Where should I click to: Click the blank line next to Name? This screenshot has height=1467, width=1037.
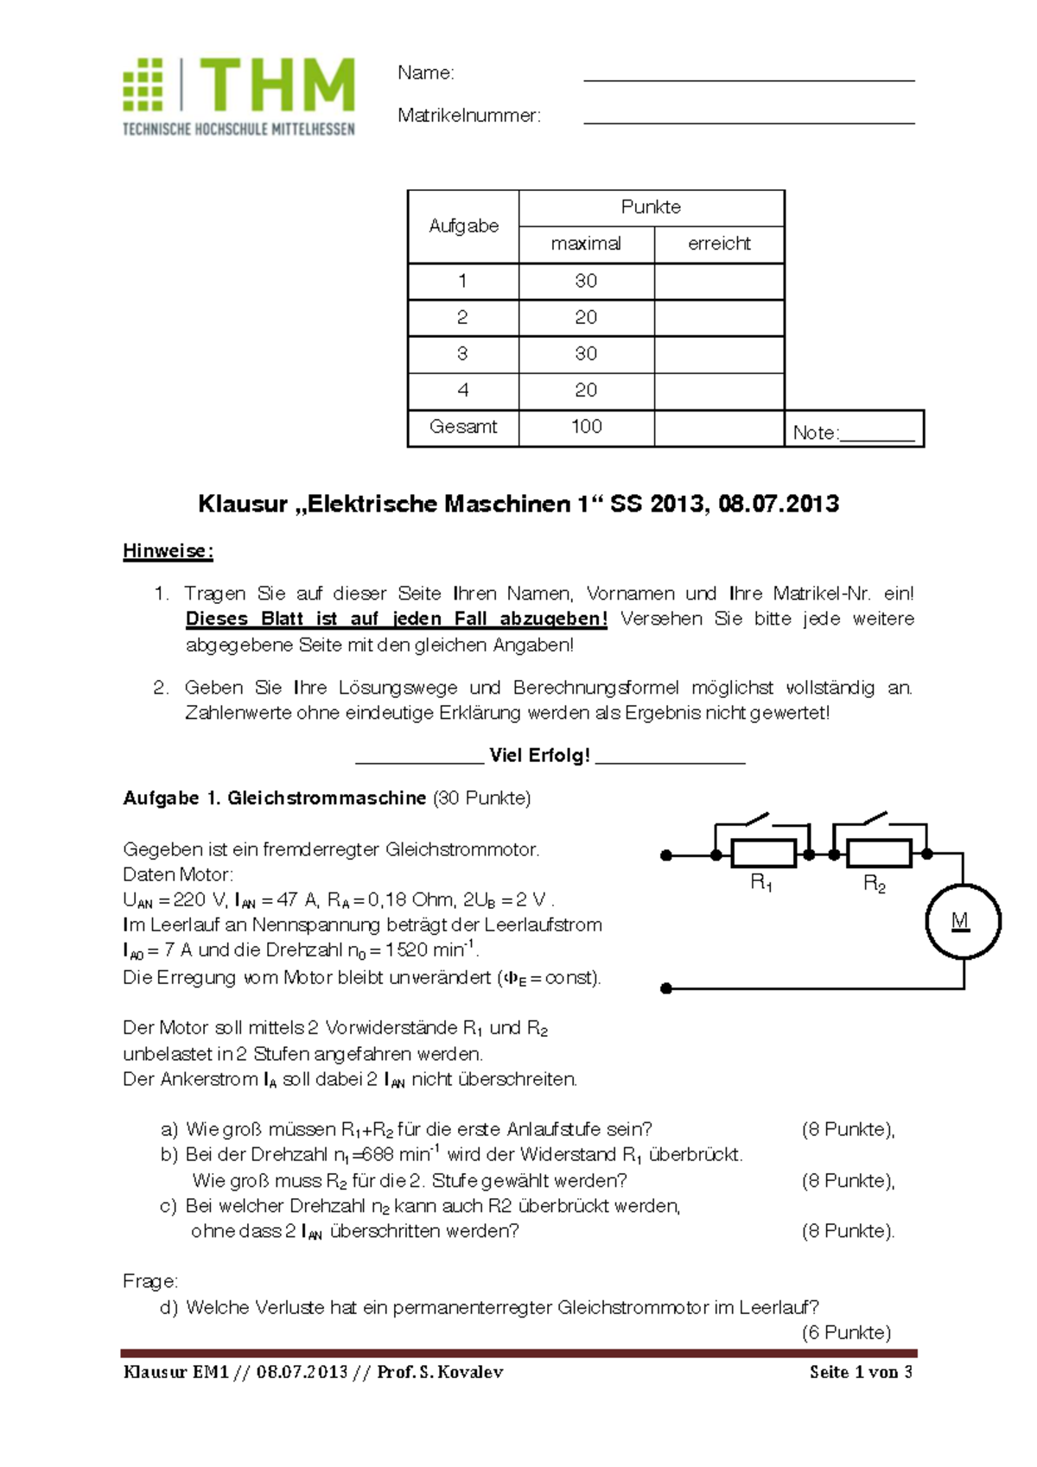coord(748,78)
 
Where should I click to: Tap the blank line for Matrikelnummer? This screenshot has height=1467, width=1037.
coord(748,121)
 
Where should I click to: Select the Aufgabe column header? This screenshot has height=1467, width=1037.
coord(463,226)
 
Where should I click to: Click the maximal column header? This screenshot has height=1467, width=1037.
coord(586,244)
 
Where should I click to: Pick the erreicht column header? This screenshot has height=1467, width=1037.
coord(719,244)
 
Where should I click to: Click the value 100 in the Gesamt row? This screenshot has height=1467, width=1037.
coord(586,427)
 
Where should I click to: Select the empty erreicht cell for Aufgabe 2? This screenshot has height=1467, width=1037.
coord(719,318)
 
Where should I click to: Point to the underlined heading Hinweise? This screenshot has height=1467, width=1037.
coord(168,551)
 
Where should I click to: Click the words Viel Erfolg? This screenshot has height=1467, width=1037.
coord(539,755)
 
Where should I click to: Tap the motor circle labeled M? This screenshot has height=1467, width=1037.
coord(963,921)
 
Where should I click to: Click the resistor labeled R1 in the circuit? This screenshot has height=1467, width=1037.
coord(763,854)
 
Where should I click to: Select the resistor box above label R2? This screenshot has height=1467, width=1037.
coord(878,854)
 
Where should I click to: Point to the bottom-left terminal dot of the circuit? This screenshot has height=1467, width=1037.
coord(666,988)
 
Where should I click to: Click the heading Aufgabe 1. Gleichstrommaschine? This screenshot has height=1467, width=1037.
coord(274,798)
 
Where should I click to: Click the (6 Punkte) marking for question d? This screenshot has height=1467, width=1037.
coord(846,1332)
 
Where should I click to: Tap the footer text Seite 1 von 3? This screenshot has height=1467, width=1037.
coord(860,1372)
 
